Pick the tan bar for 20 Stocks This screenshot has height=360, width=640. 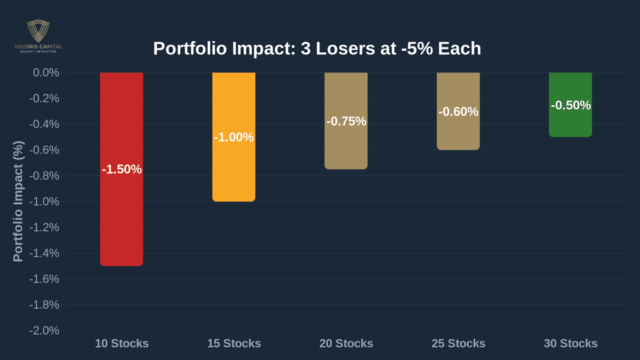point(346,149)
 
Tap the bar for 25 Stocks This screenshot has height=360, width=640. point(458,133)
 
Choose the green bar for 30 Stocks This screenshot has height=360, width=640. point(570,123)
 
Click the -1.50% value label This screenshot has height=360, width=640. point(122,170)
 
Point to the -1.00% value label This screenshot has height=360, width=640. point(234,138)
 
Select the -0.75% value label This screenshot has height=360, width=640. point(346,122)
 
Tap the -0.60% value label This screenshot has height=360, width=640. point(458,112)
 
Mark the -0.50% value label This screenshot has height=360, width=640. point(571,106)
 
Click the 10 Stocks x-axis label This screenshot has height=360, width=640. point(122,343)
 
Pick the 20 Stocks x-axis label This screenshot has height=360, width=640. point(346,343)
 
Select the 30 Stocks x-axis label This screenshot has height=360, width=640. point(571,343)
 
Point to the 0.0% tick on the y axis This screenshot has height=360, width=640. point(46,73)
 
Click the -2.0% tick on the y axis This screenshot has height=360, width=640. point(44,331)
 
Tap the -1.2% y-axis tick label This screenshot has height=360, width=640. point(44,227)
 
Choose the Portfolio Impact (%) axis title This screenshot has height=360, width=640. point(18,202)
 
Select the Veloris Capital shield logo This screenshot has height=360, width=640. point(38,30)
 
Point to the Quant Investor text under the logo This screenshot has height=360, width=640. point(38,52)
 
